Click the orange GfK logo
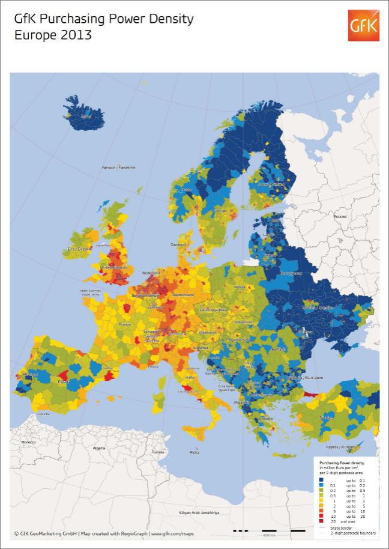tap(363, 25)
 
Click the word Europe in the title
tap(34, 35)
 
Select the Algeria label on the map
tap(98, 448)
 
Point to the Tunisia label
tap(158, 452)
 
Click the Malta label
tap(194, 452)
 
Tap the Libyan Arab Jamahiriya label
tap(199, 512)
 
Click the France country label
tap(125, 324)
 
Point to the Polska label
tap(241, 287)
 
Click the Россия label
tap(340, 216)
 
